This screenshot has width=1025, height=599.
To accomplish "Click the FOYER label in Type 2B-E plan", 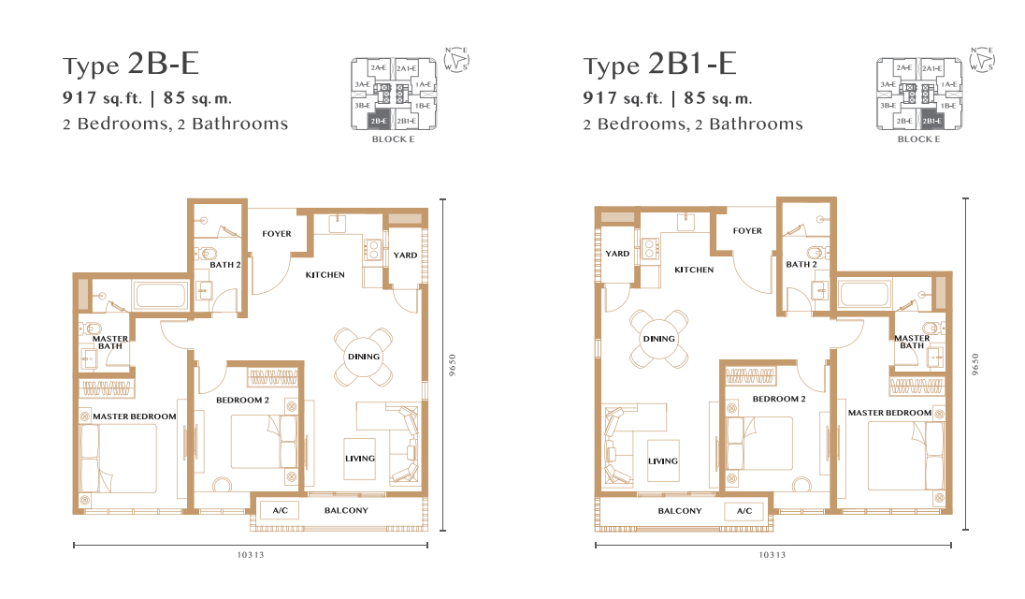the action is tap(277, 233).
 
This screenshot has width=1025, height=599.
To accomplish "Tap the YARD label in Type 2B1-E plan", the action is tap(617, 254).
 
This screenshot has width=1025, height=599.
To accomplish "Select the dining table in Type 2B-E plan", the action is tap(364, 357).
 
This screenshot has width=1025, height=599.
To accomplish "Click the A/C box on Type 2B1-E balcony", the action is tap(743, 511).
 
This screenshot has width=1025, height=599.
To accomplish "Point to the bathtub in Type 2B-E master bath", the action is tap(160, 294).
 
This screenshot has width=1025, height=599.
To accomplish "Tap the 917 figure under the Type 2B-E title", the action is tap(79, 98).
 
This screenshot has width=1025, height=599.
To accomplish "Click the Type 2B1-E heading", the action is tap(659, 64).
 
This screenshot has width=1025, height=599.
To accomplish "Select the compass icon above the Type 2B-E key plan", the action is tap(457, 60).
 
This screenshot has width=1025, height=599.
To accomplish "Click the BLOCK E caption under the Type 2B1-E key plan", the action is tap(918, 139).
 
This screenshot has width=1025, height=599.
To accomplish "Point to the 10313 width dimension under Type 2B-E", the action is tap(251, 554).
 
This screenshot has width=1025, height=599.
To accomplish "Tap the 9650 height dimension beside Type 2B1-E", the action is tap(975, 364).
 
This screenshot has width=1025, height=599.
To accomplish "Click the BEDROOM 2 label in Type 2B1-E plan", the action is tap(778, 399).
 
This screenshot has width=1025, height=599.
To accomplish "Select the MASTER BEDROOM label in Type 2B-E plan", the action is tap(134, 416).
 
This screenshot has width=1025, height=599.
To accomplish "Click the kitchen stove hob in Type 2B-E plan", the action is tap(372, 251).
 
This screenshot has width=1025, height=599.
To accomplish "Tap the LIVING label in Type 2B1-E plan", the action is tap(663, 461).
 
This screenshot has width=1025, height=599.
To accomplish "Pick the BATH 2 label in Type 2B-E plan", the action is tap(224, 265).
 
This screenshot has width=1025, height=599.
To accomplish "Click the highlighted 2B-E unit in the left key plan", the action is tap(379, 121).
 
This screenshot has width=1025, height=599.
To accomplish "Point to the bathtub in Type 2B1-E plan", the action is tap(864, 294).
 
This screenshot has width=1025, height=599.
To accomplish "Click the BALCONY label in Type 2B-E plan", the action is tap(346, 511).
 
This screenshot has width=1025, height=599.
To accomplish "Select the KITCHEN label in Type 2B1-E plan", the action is tap(694, 270).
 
